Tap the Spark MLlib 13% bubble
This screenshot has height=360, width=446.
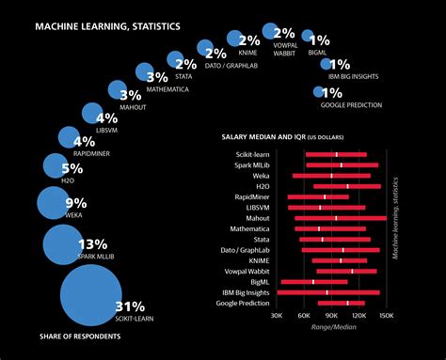(x=64, y=247)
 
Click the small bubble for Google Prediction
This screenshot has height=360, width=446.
(x=318, y=92)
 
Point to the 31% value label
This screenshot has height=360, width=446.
(x=130, y=306)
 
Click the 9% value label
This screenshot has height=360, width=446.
(x=75, y=203)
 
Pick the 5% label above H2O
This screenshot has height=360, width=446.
(x=72, y=169)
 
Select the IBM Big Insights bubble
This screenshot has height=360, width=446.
(x=326, y=64)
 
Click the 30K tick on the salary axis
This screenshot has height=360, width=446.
(x=277, y=317)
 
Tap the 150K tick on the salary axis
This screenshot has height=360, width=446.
(x=386, y=317)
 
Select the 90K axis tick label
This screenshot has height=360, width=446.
(x=331, y=317)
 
